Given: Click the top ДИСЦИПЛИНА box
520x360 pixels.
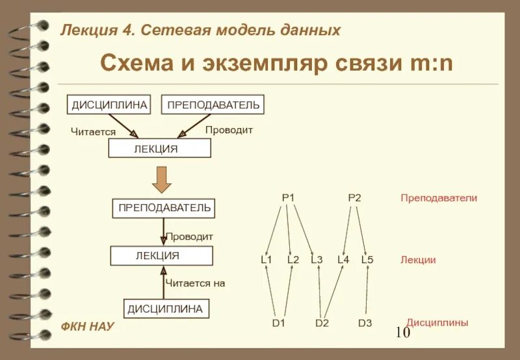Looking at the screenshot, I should point(109,104).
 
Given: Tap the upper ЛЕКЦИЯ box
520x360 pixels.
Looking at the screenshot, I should point(159,149).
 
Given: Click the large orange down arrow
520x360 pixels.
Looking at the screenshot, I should point(161,178).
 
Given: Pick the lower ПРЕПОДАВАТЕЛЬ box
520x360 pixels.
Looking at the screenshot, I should point(163,208).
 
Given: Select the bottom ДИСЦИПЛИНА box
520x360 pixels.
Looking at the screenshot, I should point(165,309).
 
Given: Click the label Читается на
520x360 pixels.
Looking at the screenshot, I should point(194,283).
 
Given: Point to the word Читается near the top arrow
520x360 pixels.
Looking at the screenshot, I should point(93,132).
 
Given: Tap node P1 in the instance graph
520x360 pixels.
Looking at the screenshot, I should point(288,198).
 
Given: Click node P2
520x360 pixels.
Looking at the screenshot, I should point(354,198).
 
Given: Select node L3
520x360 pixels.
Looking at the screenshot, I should point(317,260).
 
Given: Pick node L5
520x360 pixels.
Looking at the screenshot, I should point(367,260).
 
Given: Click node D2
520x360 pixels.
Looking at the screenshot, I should point(322,323).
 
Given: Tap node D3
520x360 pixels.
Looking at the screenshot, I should point(365,323).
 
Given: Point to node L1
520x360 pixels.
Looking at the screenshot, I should point(266,260).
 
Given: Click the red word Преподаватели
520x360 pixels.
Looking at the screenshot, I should point(439,198).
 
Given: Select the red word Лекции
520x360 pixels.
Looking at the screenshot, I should point(418,260).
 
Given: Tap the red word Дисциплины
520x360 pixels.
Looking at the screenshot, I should point(437,322).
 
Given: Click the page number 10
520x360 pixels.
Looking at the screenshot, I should point(402,333).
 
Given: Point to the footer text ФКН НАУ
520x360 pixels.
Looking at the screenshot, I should point(87,326).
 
